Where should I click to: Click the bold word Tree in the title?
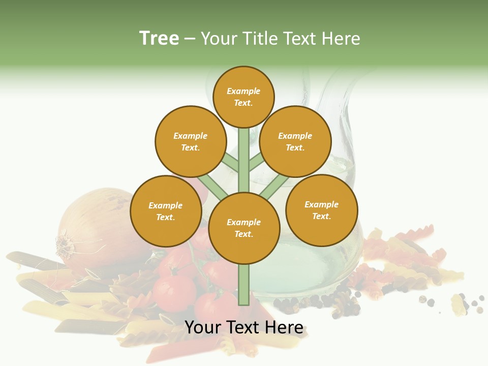[x=159, y=38]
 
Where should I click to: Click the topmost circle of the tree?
[x=243, y=97]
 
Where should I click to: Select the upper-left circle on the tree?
[x=191, y=141]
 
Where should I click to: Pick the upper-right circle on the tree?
[x=295, y=141]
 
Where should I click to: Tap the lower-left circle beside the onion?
[x=166, y=211]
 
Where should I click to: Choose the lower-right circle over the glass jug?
[x=322, y=210]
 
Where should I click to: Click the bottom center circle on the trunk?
[x=244, y=228]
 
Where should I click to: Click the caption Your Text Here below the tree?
[x=244, y=328]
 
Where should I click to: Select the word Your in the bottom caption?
[x=202, y=328]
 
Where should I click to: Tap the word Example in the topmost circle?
[x=243, y=91]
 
